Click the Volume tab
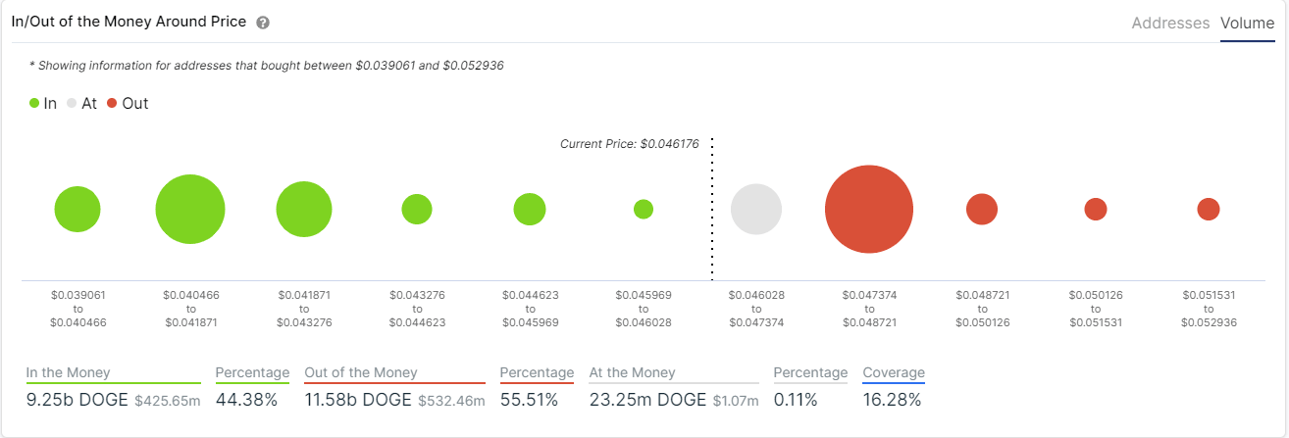pos(1247,23)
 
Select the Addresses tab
pos(1170,23)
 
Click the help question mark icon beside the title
pos(262,23)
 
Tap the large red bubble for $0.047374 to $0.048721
pos(869,210)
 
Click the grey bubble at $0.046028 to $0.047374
pos(756,210)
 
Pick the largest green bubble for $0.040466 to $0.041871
pos(190,210)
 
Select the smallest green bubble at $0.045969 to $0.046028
pos(644,210)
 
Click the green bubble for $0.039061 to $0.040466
pos(77,210)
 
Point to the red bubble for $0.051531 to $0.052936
pos(1209,210)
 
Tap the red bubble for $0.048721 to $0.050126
pos(982,210)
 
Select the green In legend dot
pos(34,103)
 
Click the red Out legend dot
pos(112,103)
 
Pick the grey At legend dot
pos(72,103)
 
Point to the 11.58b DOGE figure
pos(359,400)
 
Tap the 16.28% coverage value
pos(892,400)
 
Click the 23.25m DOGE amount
pos(647,400)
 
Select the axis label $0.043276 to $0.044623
pos(417,308)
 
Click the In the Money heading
pos(69,372)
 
